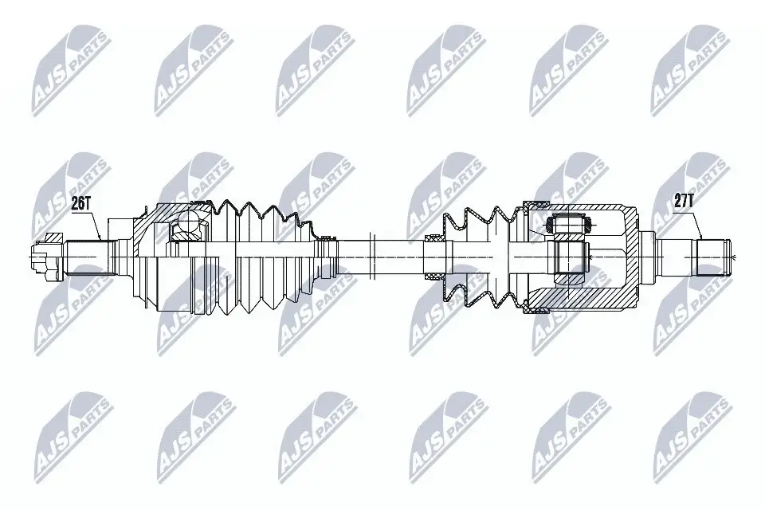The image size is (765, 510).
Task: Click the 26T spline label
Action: click(x=80, y=203)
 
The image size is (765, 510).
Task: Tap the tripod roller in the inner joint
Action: click(x=570, y=226)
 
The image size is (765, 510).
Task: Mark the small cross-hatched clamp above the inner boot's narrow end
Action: click(x=434, y=238)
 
